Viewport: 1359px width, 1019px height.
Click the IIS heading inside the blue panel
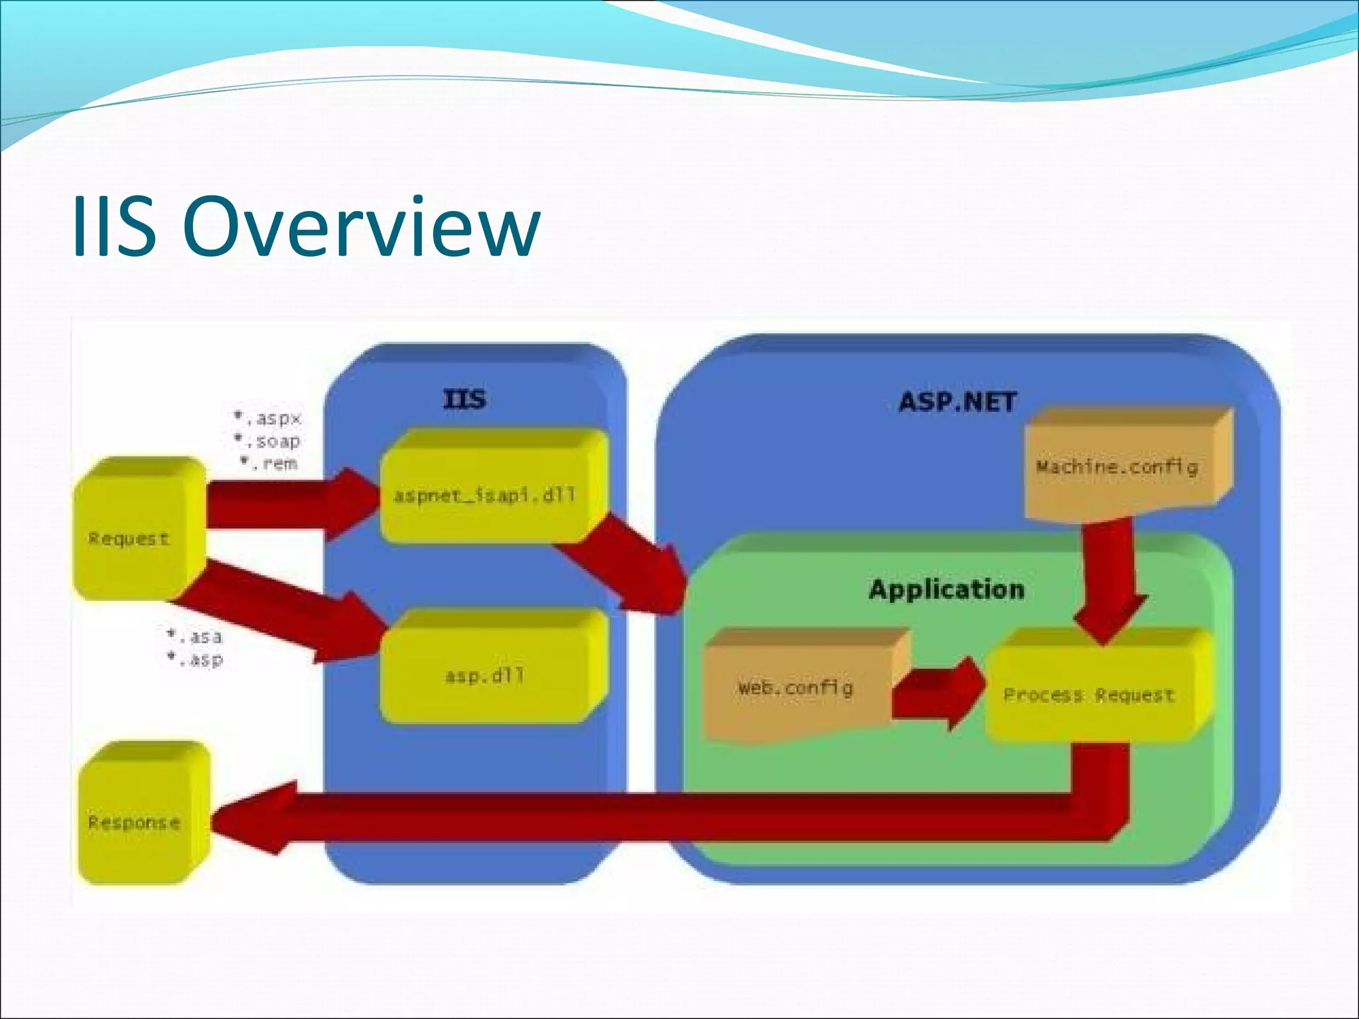tap(465, 400)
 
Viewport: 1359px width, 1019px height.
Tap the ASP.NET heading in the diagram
tap(957, 402)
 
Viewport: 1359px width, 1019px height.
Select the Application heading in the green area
tap(946, 589)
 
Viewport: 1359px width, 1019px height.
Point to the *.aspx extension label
tap(268, 419)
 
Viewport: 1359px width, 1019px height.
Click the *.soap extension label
tap(268, 441)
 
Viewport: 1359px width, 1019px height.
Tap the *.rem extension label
tap(269, 463)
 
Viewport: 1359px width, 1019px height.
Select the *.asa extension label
tap(195, 637)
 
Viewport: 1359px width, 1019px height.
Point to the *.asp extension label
tap(195, 659)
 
